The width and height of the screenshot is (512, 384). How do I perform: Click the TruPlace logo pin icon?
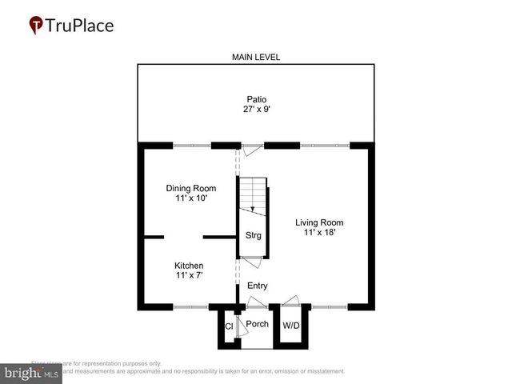36,26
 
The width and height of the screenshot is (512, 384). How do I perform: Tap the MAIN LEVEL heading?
255,57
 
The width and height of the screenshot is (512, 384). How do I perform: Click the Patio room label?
256,99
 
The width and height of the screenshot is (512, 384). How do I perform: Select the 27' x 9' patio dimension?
256,110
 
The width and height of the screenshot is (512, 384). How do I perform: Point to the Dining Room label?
191,188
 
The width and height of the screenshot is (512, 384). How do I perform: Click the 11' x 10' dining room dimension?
191,198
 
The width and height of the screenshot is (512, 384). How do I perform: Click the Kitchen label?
189,266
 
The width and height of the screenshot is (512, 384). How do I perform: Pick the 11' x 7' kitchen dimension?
189,276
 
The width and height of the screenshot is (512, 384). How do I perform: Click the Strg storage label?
253,235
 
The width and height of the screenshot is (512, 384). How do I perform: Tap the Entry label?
258,286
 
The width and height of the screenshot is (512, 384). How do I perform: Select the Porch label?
257,324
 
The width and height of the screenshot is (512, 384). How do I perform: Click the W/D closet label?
290,325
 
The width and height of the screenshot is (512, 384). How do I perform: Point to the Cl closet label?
229,326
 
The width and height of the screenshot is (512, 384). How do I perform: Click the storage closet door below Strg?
251,261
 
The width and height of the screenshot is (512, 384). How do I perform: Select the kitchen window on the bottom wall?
190,306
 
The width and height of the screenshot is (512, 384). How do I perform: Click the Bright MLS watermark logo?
30,373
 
